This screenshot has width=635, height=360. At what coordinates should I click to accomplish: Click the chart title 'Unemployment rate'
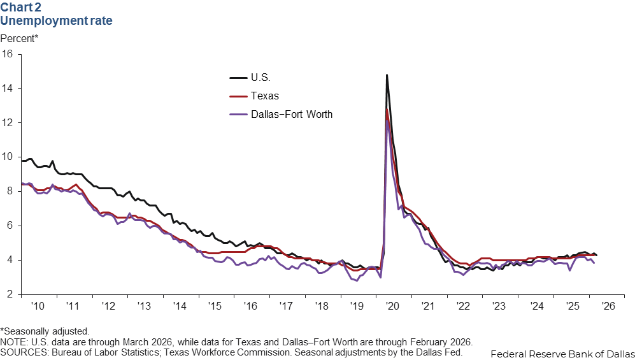coord(56,21)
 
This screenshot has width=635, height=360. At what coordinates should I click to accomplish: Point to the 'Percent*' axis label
coord(19,38)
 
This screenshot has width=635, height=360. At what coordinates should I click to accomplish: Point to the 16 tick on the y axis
coord(8,54)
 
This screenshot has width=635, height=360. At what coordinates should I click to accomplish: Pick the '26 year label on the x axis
coord(606,306)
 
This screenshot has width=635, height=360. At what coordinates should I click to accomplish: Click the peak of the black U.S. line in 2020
coord(387,75)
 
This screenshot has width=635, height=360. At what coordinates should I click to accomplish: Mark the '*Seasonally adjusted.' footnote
coord(45,332)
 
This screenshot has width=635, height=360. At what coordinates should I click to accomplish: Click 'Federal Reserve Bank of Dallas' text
coord(562,353)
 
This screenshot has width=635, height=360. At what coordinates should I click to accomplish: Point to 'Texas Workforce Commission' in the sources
coord(224,352)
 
